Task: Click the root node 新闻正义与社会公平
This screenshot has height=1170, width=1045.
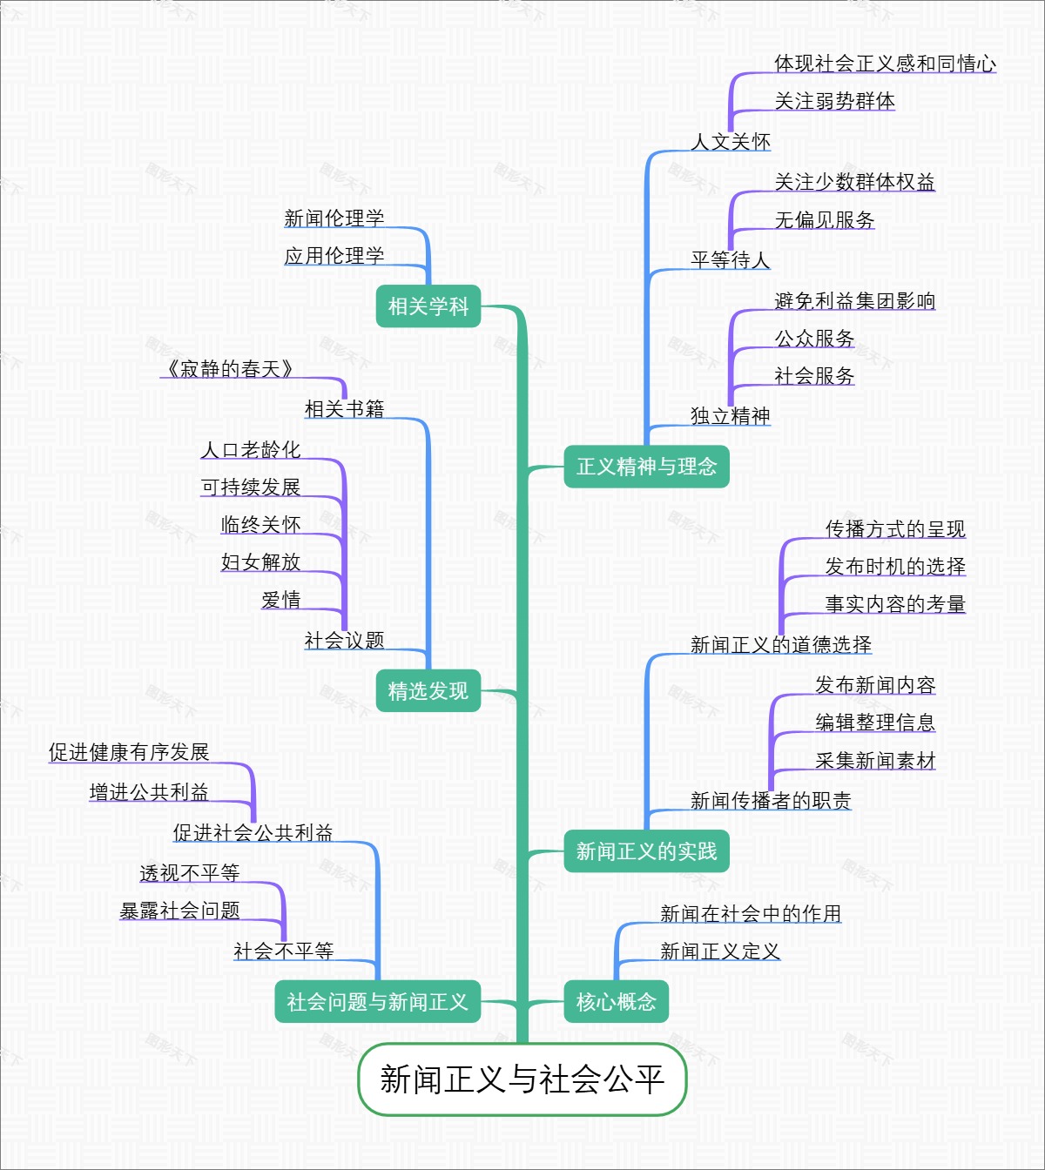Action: click(x=522, y=1079)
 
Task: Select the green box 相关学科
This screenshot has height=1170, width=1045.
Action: click(x=428, y=306)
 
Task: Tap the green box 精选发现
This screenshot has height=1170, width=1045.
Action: click(x=428, y=691)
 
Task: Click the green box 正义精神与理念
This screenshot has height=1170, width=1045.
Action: click(x=646, y=467)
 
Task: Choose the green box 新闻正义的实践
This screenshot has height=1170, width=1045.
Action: click(x=646, y=851)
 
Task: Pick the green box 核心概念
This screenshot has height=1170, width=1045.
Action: click(x=616, y=1002)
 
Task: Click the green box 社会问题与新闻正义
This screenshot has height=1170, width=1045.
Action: click(x=377, y=1002)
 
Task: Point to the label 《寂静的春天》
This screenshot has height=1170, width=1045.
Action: click(x=228, y=369)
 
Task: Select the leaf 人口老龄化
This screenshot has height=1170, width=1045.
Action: click(x=251, y=450)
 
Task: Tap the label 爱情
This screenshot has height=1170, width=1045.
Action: click(x=280, y=600)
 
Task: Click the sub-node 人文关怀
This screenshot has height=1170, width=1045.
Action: click(x=731, y=142)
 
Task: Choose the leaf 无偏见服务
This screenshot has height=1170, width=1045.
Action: click(x=825, y=220)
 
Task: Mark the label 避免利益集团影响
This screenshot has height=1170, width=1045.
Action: click(x=854, y=301)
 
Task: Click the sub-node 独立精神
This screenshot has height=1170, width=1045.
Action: click(x=731, y=416)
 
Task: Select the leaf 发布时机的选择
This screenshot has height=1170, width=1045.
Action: click(x=895, y=567)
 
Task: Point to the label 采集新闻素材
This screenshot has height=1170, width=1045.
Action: click(x=875, y=761)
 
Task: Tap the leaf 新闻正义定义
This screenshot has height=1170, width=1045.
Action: click(x=720, y=951)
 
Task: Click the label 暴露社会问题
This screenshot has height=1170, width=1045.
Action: click(x=180, y=911)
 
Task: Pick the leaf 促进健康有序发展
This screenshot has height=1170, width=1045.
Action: click(x=129, y=752)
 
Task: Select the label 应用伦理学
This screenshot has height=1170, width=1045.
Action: click(x=334, y=256)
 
